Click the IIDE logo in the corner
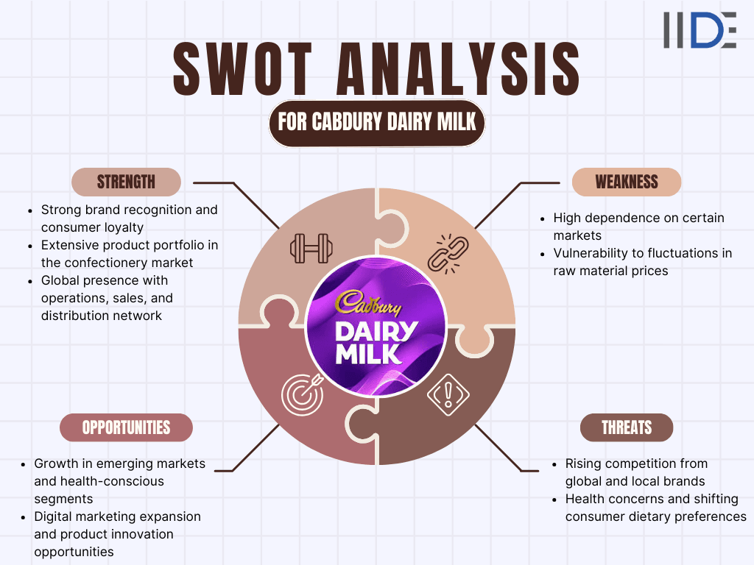pos(700,30)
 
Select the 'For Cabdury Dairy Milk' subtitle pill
pos(376,121)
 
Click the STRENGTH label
pos(126,182)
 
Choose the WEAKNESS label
pos(627,182)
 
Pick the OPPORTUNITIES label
pos(126,427)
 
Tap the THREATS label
pos(627,427)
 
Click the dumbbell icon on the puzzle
pos(310,248)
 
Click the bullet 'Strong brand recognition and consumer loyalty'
pos(129,218)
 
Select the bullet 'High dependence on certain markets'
pos(638,227)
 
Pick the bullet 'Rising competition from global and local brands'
pos(635,472)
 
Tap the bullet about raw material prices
pos(642,262)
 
